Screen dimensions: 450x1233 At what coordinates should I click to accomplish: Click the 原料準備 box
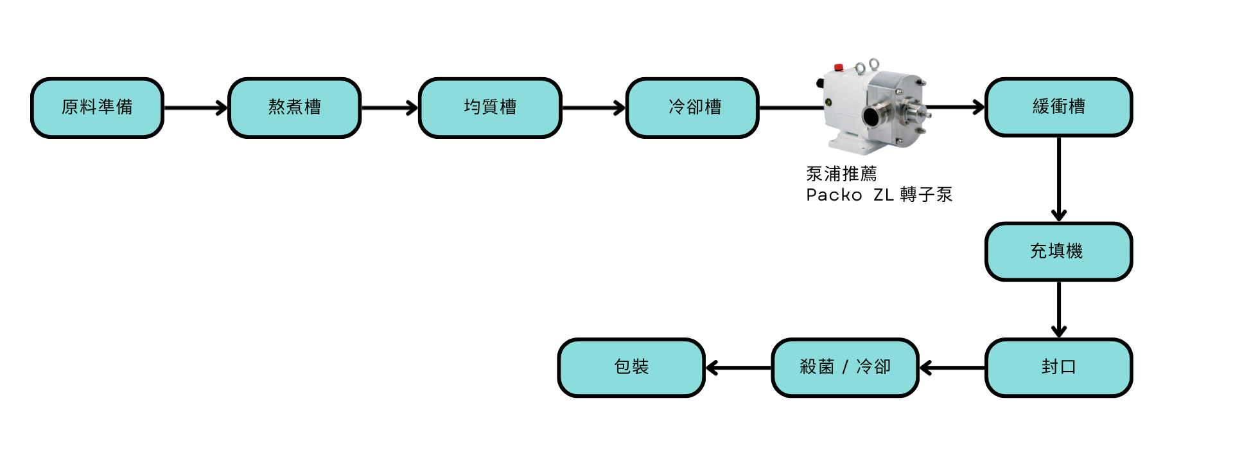(x=97, y=107)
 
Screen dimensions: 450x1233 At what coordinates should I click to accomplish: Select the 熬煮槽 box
(x=295, y=107)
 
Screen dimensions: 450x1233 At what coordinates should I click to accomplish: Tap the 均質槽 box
(x=490, y=107)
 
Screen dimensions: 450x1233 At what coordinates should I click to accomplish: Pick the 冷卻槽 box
(x=693, y=107)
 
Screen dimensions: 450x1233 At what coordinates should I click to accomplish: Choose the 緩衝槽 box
(x=1058, y=107)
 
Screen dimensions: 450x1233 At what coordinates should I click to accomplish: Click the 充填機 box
(x=1058, y=251)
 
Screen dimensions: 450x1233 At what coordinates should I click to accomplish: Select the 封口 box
(x=1058, y=368)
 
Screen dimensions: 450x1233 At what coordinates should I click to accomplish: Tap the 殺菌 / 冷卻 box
(x=845, y=368)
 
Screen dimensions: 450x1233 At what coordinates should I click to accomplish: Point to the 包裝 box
(x=631, y=368)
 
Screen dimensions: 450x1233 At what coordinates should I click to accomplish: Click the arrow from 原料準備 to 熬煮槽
(x=196, y=108)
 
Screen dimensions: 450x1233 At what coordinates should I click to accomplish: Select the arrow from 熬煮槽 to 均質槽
(x=390, y=108)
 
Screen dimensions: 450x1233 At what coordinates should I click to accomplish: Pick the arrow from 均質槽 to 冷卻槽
(x=593, y=108)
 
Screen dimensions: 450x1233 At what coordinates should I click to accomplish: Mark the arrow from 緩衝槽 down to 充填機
(x=1060, y=180)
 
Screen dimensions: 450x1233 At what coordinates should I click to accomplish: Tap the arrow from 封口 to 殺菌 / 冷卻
(x=952, y=368)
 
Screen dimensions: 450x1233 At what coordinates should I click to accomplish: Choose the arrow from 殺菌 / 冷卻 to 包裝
(x=738, y=368)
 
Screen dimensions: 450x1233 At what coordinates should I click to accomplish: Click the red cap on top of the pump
(x=838, y=67)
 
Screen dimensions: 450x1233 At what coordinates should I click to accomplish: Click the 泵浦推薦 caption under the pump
(x=841, y=174)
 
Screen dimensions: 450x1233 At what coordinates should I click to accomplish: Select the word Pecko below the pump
(x=834, y=194)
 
